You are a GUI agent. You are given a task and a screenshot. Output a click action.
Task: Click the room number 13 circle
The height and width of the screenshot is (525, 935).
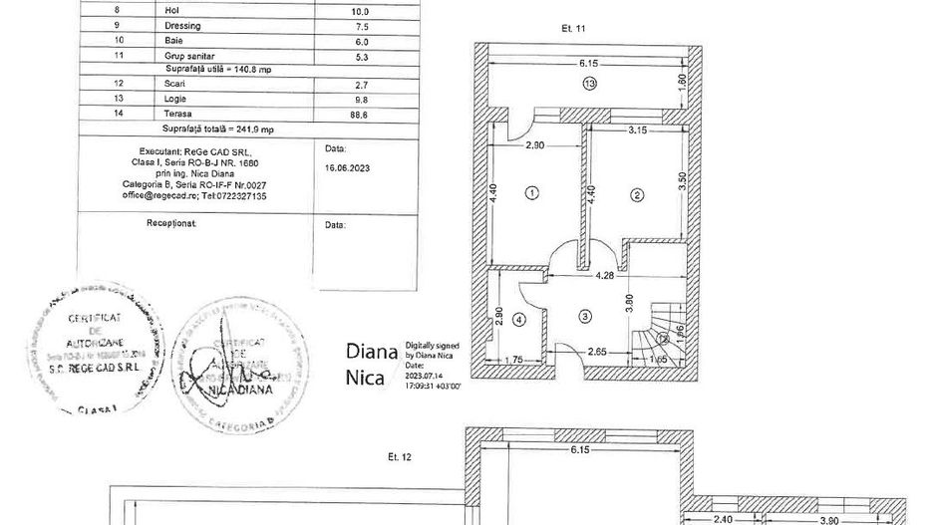tap(590, 85)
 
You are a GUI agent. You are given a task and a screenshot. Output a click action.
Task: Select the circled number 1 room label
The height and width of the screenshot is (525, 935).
tap(532, 192)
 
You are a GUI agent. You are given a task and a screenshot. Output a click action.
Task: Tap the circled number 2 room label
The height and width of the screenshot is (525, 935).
tap(636, 195)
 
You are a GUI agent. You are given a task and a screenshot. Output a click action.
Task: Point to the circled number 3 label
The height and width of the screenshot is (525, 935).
tap(585, 315)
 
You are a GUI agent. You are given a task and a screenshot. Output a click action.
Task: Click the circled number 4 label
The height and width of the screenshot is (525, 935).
tap(518, 320)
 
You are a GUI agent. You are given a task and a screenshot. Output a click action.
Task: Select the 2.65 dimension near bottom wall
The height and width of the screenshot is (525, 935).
tap(598, 351)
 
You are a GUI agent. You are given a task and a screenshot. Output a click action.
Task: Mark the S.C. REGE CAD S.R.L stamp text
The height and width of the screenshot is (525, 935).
tap(93, 367)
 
